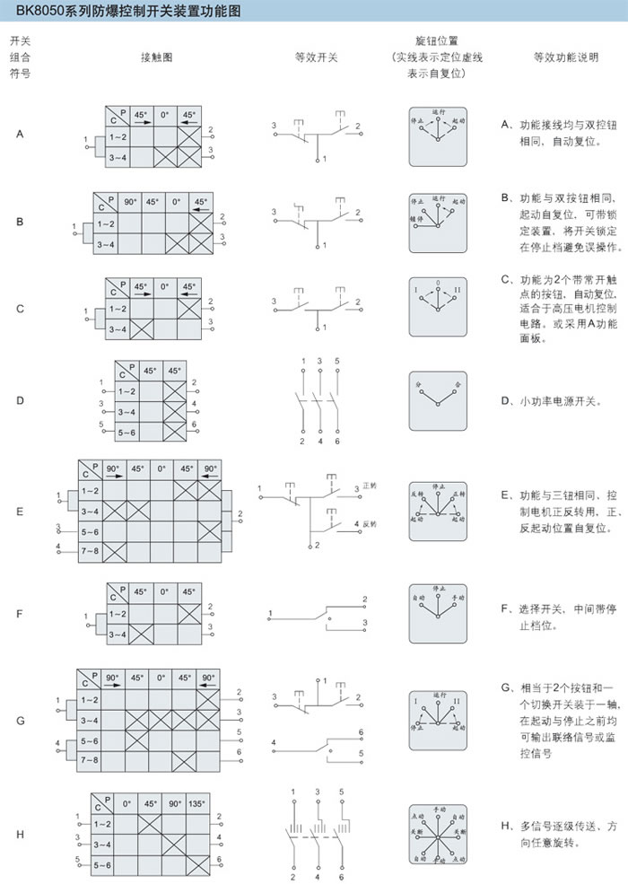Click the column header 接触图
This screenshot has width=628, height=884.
155,57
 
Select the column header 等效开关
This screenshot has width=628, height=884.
317,57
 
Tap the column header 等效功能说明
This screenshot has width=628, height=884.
564,57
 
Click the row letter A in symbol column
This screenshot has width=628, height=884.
20,135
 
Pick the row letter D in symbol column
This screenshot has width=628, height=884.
20,400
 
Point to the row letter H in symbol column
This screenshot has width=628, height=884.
20,834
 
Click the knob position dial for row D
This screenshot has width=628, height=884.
438,400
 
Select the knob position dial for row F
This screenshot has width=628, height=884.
438,613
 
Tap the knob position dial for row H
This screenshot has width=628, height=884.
438,834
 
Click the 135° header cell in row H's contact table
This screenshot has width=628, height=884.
197,804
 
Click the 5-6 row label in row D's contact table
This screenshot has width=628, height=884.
126,432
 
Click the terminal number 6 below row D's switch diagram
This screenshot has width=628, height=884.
338,441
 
